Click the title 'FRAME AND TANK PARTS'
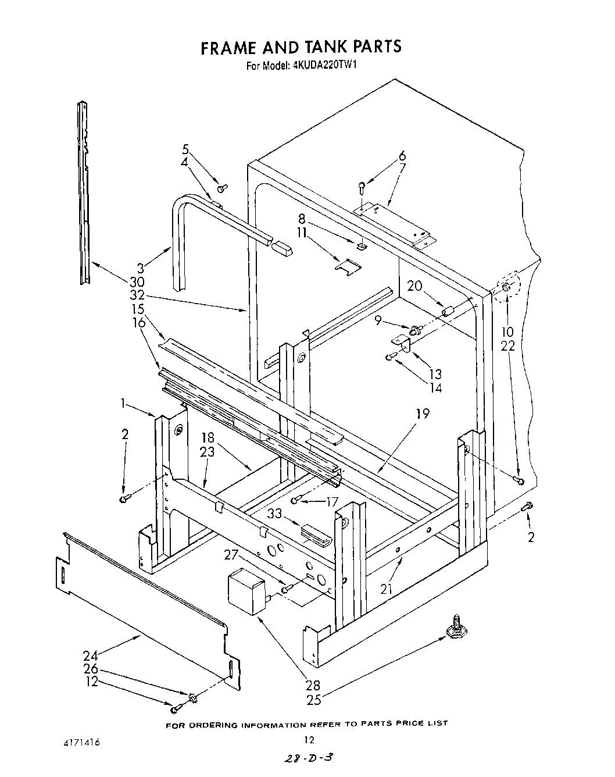click(x=301, y=47)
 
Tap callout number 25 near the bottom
click(x=314, y=700)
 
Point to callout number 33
click(x=275, y=514)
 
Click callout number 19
click(x=423, y=414)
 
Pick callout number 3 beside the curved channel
click(x=140, y=268)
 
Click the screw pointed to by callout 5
click(x=222, y=188)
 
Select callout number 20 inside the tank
click(x=414, y=286)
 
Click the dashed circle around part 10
click(x=506, y=287)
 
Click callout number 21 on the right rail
click(x=387, y=589)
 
